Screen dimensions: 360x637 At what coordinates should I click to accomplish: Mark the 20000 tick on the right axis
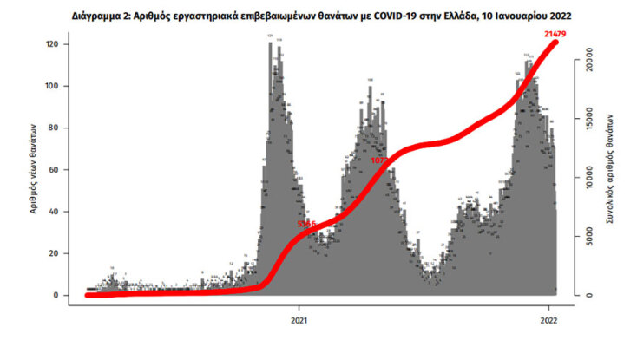pos(587,64)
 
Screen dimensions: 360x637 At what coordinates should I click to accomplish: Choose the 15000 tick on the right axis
pos(587,122)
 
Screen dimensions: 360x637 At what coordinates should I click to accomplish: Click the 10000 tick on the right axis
pos(587,180)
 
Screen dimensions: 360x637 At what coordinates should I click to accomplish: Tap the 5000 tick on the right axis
pos(587,238)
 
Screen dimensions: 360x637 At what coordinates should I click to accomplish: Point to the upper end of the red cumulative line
pos(555,43)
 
